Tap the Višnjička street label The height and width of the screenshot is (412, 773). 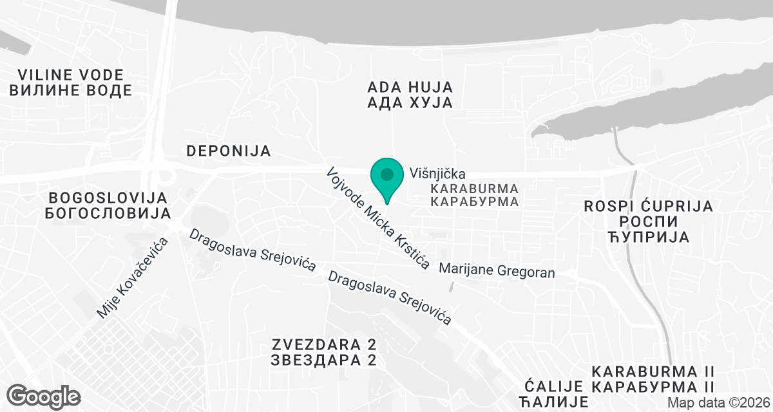click(x=437, y=173)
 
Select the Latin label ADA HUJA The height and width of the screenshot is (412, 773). click(x=410, y=87)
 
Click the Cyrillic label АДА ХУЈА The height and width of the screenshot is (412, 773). click(x=410, y=102)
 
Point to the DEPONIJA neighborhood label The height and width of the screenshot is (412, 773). click(x=229, y=151)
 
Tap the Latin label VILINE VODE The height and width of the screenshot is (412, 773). click(x=71, y=74)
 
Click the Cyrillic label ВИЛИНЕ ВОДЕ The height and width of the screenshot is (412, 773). click(x=71, y=90)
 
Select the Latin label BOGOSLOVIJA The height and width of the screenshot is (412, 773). click(x=108, y=197)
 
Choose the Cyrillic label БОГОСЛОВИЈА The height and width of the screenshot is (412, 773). click(x=108, y=213)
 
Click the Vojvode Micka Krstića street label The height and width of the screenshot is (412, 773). click(x=378, y=219)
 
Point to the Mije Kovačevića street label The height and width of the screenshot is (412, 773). click(x=132, y=277)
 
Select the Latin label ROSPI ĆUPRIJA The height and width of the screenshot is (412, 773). click(x=648, y=206)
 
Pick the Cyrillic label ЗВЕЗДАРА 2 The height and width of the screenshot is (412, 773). click(x=324, y=360)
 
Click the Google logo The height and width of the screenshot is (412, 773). click(x=44, y=395)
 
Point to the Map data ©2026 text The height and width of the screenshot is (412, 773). click(x=718, y=402)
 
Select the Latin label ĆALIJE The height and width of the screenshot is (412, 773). click(x=553, y=387)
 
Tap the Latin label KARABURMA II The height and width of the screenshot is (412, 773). click(x=653, y=371)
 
